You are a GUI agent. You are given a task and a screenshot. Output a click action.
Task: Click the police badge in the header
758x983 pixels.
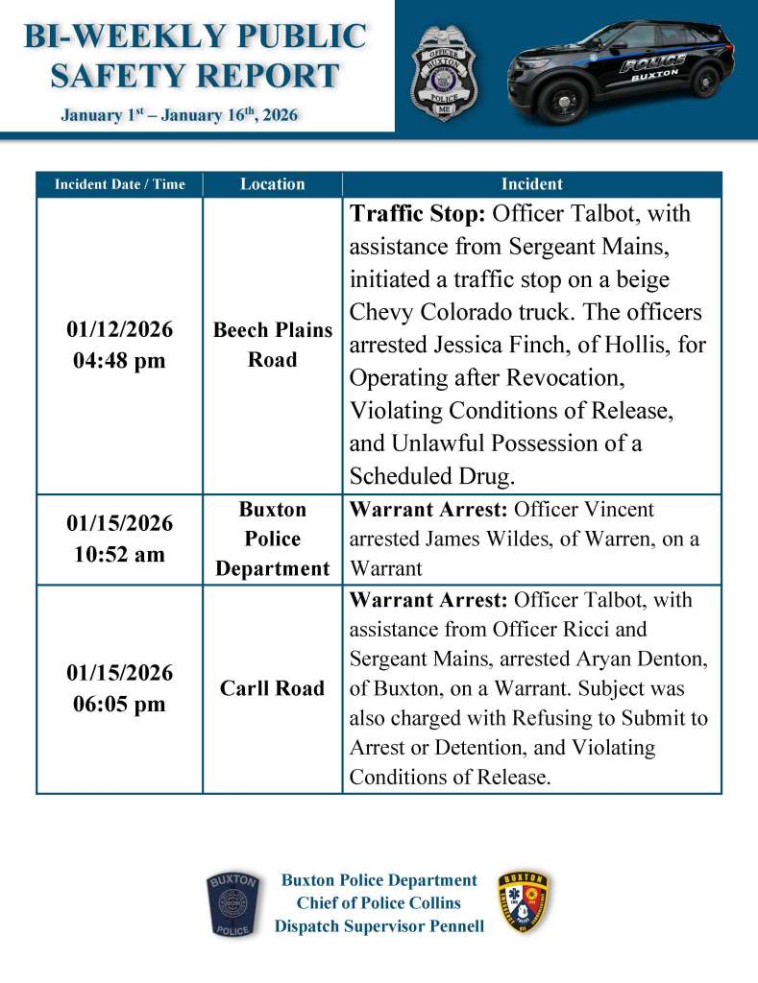coord(443,73)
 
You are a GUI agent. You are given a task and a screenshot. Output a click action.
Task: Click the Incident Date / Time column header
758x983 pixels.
coord(119,184)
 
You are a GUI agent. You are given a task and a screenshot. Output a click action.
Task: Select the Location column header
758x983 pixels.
coord(272,184)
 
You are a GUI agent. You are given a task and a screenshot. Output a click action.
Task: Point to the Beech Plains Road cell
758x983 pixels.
coord(272,345)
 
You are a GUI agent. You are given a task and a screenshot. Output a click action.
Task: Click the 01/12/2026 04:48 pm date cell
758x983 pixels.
coord(119,346)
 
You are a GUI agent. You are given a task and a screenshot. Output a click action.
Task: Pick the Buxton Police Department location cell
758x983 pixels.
coord(272,539)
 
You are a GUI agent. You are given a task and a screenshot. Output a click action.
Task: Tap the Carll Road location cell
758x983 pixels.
coord(272,688)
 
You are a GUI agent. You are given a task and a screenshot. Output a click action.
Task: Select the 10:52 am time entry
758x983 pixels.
coord(119,555)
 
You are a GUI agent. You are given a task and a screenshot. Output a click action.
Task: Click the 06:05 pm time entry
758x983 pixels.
coord(119,705)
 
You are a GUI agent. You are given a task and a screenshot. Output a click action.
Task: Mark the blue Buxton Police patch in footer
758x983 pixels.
coord(232,904)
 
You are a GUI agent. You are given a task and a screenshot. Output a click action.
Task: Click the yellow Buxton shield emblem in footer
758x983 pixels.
coord(524,903)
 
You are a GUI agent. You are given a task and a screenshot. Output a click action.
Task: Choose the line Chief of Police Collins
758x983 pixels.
coord(379,903)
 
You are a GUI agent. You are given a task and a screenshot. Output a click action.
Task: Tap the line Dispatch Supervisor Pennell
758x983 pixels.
coord(379,926)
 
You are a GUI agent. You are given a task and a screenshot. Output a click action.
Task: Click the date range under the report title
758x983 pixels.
coord(179,116)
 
